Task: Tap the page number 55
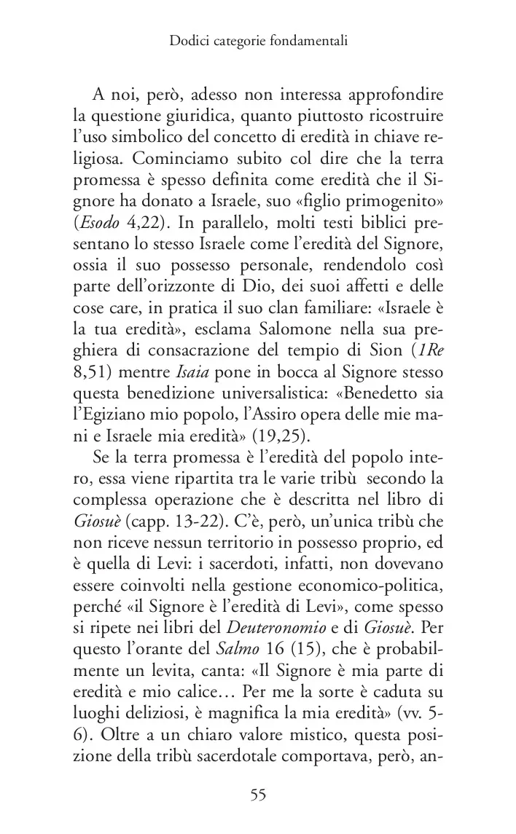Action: (x=258, y=795)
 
